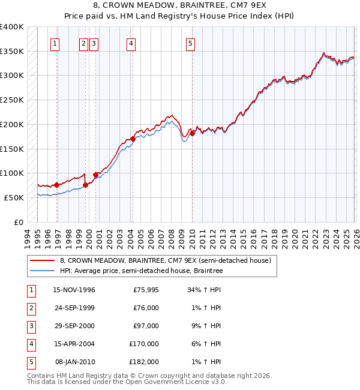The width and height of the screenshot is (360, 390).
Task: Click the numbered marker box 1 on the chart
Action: tap(55, 43)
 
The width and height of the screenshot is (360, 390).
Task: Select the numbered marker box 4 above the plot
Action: tap(130, 43)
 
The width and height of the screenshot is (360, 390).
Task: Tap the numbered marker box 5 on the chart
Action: tap(190, 43)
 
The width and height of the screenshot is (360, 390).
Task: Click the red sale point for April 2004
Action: tap(133, 139)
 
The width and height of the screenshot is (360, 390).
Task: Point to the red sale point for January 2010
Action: tap(192, 133)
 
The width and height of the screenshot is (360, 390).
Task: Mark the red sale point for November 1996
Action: tap(56, 185)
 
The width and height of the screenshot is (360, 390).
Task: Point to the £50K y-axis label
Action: tap(14, 197)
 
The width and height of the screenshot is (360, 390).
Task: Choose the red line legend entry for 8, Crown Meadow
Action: tap(166, 260)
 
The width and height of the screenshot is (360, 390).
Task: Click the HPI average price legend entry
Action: tap(141, 271)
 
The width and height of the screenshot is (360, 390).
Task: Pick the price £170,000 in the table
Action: tap(144, 344)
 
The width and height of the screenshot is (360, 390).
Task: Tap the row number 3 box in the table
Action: tap(31, 326)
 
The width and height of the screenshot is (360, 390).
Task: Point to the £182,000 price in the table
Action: tap(144, 362)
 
